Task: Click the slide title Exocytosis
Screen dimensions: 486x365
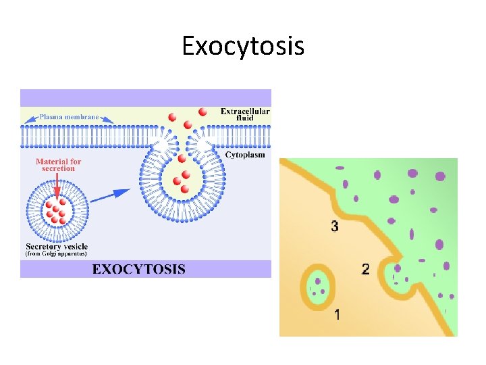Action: [x=243, y=46]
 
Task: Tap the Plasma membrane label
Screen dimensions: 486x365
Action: [x=69, y=117]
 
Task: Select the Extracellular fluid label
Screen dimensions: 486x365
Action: [x=245, y=115]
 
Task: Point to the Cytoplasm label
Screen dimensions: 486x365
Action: [x=245, y=155]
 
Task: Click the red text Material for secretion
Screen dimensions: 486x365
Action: [x=59, y=165]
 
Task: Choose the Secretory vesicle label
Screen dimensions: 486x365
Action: [x=56, y=247]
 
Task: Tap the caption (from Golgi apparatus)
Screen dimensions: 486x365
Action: [x=56, y=255]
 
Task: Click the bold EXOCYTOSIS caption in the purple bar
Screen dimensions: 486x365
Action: [x=138, y=269]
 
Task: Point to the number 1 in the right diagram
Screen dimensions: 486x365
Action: [x=337, y=314]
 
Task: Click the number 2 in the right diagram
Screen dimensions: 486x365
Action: [x=366, y=270]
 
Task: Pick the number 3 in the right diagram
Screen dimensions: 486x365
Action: [x=335, y=226]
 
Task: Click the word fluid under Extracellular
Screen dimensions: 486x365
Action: [x=245, y=119]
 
